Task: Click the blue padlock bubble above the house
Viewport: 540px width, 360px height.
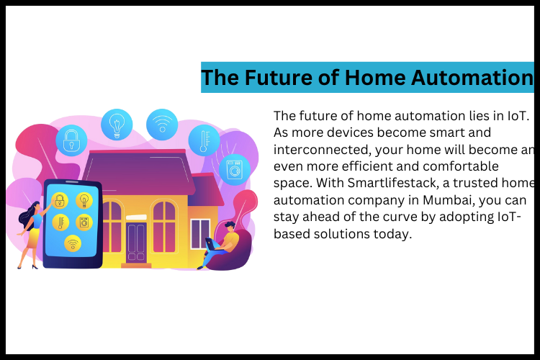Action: coord(71,140)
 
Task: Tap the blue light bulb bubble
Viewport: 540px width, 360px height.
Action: coord(116,124)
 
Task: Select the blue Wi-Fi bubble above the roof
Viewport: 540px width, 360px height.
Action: coord(162,124)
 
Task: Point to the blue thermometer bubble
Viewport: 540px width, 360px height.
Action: coord(204,140)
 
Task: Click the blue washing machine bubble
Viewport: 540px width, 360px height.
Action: coord(234,169)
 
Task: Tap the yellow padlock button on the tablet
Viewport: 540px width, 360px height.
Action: coord(59,200)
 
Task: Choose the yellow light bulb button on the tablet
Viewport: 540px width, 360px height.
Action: coord(84,200)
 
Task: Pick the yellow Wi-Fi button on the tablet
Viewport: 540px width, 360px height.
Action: coord(72,243)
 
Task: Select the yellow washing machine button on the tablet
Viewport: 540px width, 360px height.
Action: coord(84,222)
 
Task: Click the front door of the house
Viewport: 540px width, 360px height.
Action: coord(136,242)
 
